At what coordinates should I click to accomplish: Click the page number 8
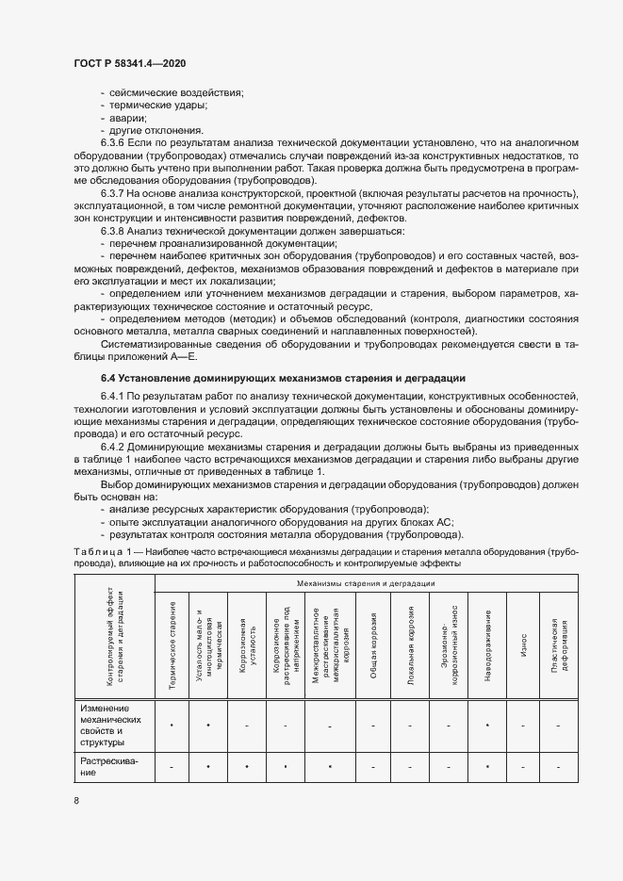(x=76, y=800)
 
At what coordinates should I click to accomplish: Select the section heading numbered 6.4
(x=273, y=378)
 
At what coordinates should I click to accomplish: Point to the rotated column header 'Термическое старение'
(x=172, y=646)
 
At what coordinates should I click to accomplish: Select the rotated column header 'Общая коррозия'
(x=373, y=646)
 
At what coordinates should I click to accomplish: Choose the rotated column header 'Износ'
(x=523, y=646)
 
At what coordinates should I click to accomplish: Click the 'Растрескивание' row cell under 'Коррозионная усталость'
(x=246, y=768)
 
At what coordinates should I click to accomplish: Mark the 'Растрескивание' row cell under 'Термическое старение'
(x=172, y=768)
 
